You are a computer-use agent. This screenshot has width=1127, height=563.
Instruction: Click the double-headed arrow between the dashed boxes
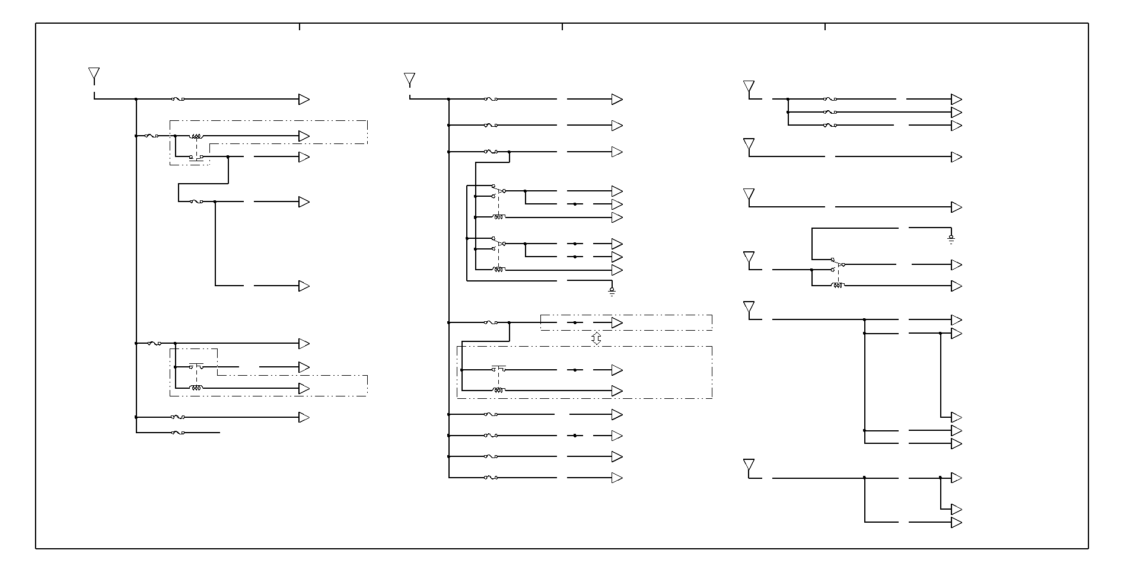597,338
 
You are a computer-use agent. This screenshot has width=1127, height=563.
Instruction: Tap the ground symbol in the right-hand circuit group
951,239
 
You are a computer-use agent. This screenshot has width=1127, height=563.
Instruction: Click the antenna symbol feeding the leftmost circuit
94,74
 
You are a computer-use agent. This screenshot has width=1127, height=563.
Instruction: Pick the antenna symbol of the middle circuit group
409,79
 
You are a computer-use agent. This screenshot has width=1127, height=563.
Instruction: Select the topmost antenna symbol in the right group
749,88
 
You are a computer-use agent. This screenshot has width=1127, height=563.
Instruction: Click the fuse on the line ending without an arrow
178,433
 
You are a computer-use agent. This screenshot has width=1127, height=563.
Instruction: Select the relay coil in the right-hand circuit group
838,286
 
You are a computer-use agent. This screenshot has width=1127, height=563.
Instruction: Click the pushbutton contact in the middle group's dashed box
498,369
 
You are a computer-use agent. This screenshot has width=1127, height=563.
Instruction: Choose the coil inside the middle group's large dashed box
498,391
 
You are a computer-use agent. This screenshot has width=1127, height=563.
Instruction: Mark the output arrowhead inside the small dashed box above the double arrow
617,322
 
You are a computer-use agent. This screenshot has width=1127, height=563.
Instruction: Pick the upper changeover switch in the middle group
498,191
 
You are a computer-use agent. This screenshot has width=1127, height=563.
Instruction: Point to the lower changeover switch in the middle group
498,244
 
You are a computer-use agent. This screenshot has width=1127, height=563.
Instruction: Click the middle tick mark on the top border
562,27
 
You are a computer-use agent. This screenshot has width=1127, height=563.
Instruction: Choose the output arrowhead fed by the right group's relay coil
956,286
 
